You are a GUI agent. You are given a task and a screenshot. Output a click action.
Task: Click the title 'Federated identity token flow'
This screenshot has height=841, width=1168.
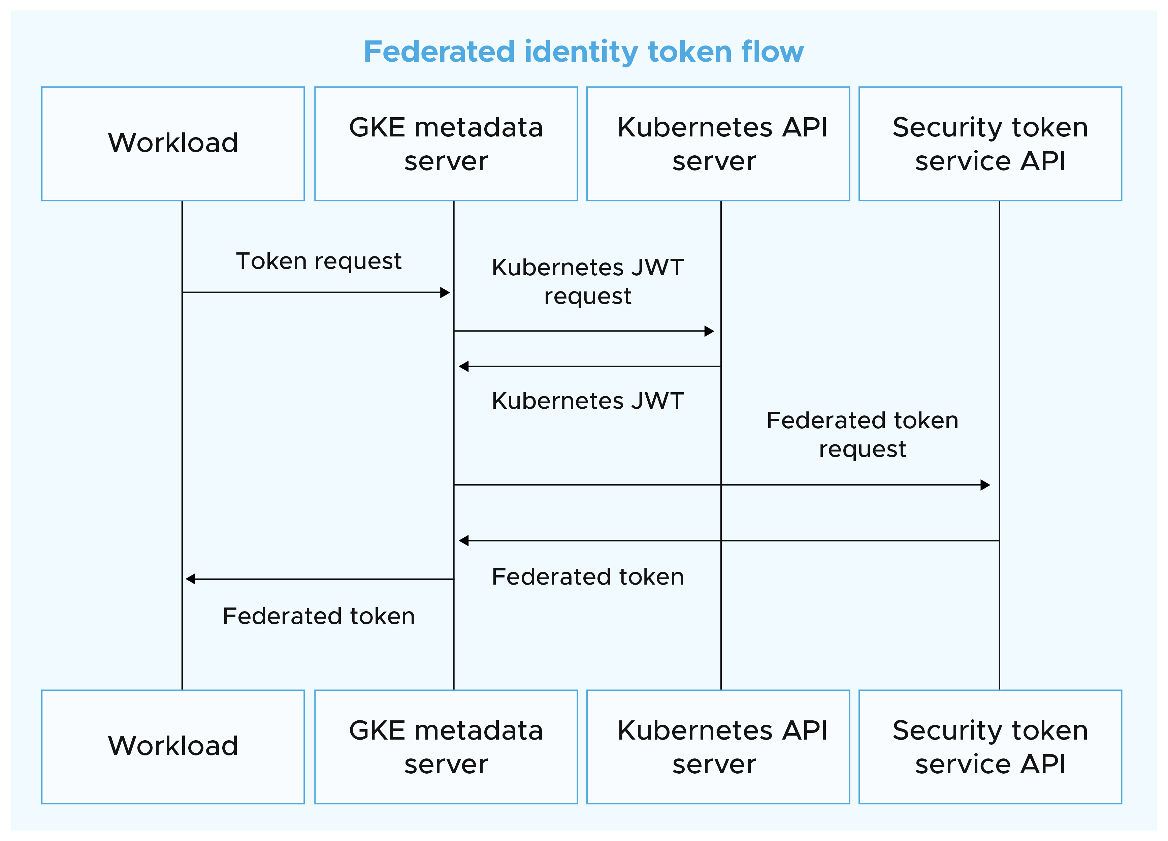[583, 52]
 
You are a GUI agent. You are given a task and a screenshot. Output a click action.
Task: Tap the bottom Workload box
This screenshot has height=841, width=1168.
[173, 746]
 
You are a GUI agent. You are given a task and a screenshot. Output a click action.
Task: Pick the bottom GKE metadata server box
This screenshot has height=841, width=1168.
[446, 746]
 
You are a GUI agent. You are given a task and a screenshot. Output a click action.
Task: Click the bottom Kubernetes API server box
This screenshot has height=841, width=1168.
[718, 746]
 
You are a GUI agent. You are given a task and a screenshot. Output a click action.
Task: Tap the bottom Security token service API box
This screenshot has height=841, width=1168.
[990, 746]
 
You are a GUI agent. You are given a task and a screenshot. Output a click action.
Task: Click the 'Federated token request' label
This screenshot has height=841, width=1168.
[862, 434]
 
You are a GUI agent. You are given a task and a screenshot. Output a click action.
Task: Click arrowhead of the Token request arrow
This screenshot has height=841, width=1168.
[446, 293]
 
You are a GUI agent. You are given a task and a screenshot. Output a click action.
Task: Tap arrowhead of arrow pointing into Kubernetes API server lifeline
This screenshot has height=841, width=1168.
[709, 331]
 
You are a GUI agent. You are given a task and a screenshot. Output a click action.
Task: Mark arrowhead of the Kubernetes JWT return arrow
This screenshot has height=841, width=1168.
[463, 366]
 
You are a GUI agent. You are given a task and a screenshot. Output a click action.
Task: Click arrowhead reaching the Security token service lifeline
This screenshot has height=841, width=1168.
[985, 485]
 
